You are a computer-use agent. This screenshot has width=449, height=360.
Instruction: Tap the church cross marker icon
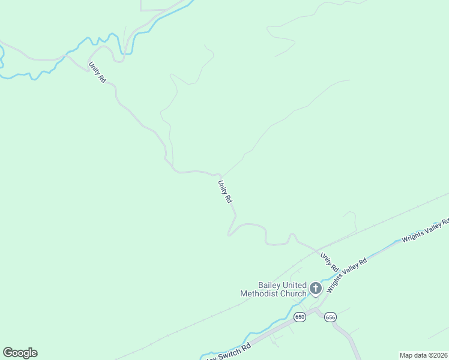[315, 289]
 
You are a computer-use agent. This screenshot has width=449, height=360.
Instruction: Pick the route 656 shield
[330, 317]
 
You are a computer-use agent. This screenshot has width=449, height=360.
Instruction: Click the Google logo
[20, 353]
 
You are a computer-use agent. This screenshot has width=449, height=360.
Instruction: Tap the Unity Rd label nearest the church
[330, 262]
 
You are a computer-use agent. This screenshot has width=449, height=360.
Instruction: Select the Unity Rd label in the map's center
[224, 192]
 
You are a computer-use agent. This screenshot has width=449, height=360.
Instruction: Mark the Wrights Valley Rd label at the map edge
[426, 230]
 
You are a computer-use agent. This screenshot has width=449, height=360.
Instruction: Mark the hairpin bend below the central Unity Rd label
[229, 234]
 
